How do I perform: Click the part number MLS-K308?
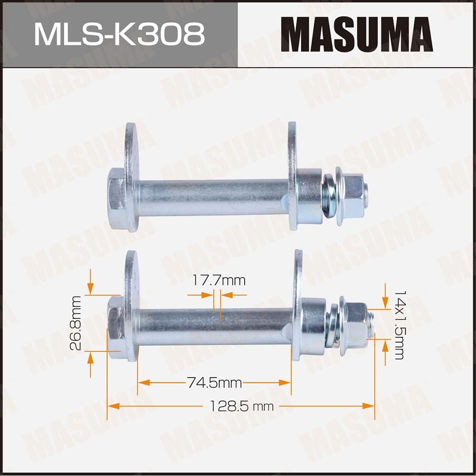pos(119,34)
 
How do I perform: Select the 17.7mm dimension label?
pos(219,280)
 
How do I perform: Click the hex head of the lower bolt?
pos(115,327)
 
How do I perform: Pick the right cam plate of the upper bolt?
pos(292,176)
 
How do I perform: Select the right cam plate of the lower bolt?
pos(298,305)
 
